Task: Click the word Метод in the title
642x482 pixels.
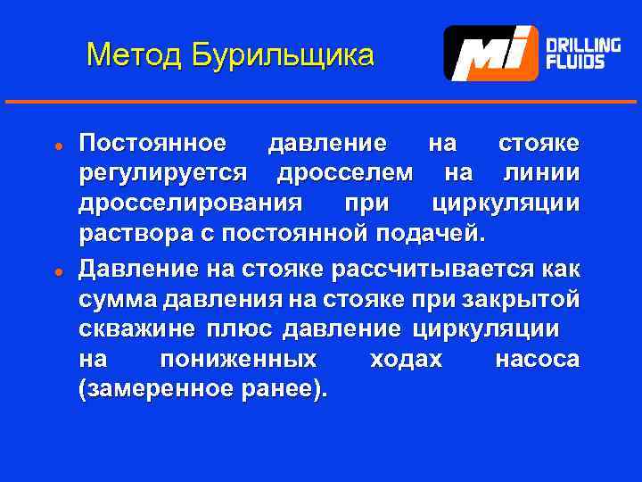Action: [x=133, y=55]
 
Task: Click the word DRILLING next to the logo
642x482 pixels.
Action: [x=583, y=45]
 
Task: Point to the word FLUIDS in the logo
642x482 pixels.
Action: [x=575, y=62]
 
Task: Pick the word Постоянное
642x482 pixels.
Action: [x=152, y=143]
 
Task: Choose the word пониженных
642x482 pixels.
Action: [x=237, y=359]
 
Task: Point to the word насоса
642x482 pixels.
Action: [x=536, y=359]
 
